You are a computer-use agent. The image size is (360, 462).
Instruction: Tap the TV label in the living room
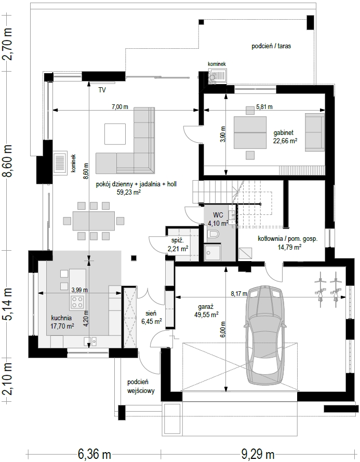click(x=102, y=90)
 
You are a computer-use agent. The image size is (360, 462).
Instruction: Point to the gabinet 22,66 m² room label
click(x=285, y=137)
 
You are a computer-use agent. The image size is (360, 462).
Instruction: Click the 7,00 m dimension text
click(x=119, y=106)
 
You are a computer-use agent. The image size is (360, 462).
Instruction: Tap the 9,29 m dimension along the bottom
click(x=258, y=454)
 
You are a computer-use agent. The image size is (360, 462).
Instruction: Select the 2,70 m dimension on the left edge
click(x=7, y=44)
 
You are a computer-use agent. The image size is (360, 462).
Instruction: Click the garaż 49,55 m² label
click(x=206, y=311)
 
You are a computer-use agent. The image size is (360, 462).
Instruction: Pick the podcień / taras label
click(x=271, y=46)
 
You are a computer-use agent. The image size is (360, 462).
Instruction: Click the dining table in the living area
click(x=94, y=221)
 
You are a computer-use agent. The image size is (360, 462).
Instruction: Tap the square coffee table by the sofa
click(x=115, y=134)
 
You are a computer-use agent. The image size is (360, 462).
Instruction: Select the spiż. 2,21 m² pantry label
click(x=178, y=245)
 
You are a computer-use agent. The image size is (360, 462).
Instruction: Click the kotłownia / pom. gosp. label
click(x=288, y=243)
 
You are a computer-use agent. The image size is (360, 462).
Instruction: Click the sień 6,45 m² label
click(x=151, y=318)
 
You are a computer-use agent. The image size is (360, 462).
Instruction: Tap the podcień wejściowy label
click(x=141, y=387)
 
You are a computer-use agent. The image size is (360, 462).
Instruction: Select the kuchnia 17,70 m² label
click(x=62, y=322)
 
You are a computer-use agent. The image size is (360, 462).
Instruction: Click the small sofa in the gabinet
click(x=315, y=133)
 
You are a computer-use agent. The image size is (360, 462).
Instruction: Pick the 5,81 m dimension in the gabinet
click(x=264, y=106)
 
